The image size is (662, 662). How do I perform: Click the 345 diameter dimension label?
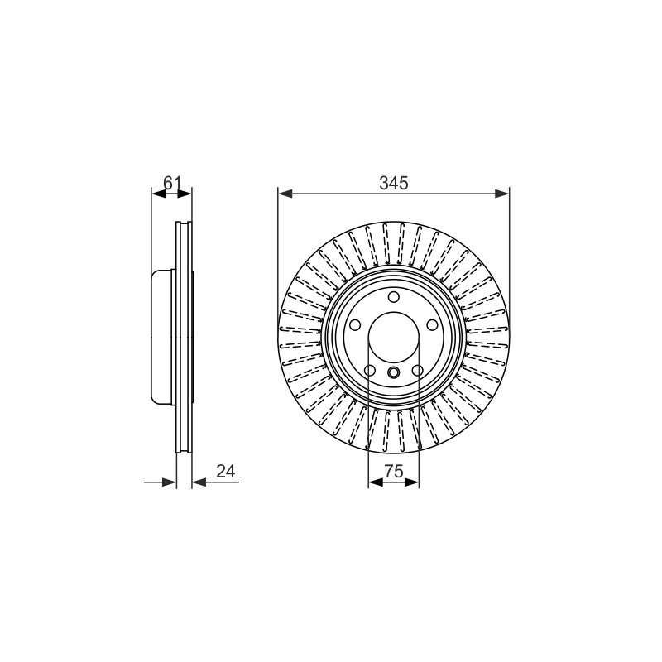pyautogui.click(x=394, y=183)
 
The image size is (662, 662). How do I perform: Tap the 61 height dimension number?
pyautogui.click(x=172, y=183)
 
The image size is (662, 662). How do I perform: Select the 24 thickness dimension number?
pyautogui.click(x=225, y=471)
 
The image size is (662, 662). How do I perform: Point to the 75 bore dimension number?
pyautogui.click(x=394, y=471)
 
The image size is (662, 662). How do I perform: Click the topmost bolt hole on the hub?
pyautogui.click(x=394, y=297)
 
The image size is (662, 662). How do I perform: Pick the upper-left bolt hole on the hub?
pyautogui.click(x=355, y=325)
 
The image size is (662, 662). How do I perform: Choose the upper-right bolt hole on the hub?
pyautogui.click(x=432, y=325)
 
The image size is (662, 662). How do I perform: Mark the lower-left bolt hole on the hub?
pyautogui.click(x=370, y=371)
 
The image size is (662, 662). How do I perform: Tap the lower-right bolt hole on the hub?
pyautogui.click(x=417, y=371)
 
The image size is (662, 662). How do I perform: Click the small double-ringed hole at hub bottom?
pyautogui.click(x=394, y=372)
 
